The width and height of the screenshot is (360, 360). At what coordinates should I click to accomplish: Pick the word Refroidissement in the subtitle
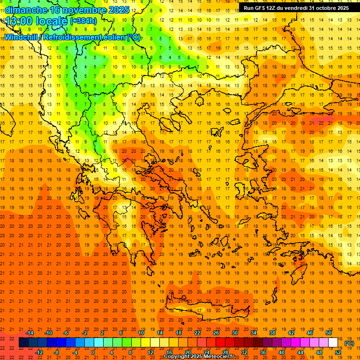tap(83, 37)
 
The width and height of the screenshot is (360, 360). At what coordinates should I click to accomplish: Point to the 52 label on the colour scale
tap(338, 352)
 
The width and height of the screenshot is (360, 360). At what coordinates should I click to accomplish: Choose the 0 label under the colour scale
tap(93, 352)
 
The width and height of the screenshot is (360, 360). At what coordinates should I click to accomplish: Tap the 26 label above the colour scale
tap(216, 333)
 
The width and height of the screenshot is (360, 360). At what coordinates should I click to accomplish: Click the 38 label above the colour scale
tap(272, 333)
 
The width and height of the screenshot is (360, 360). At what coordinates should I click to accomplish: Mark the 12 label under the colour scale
tap(150, 352)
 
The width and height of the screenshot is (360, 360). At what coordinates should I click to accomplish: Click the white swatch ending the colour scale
tap(333, 343)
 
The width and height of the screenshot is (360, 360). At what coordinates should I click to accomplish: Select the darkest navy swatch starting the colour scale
tap(23, 343)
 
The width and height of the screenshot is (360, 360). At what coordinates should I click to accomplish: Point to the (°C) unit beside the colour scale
tap(349, 343)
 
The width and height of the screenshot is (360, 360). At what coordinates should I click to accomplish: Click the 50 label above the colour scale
tap(328, 333)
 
